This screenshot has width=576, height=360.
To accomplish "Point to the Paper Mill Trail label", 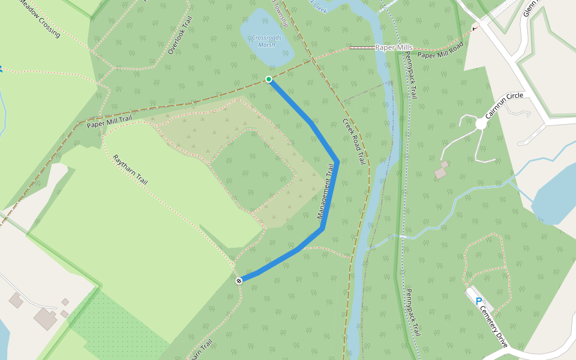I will click(x=109, y=122).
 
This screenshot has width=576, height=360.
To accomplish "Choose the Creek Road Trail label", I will click(x=354, y=142).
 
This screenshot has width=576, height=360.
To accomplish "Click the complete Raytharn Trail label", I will click(x=130, y=169).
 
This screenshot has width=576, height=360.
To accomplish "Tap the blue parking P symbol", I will click(x=478, y=301).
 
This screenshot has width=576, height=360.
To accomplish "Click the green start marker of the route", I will click(x=269, y=79).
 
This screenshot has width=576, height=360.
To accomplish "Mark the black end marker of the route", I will click(x=239, y=280).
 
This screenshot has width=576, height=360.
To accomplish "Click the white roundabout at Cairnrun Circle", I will click(x=481, y=124).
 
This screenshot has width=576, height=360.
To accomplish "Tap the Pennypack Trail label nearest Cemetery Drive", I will click(x=411, y=313).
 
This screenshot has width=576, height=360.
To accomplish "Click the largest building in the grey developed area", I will click(x=45, y=319).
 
